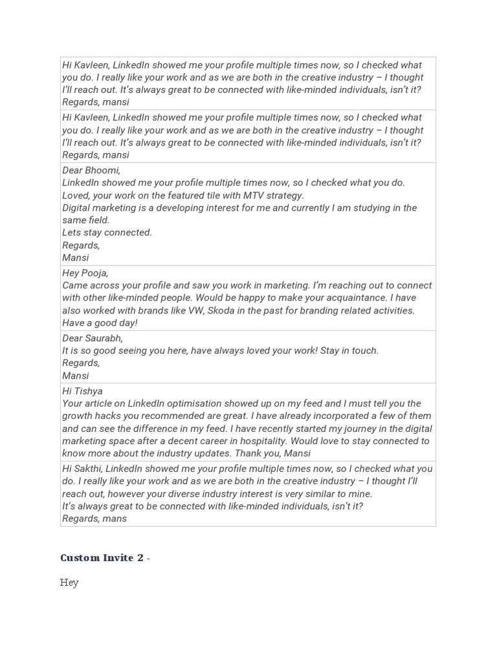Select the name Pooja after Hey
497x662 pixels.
pyautogui.click(x=94, y=273)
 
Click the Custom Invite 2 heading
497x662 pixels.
pyautogui.click(x=102, y=558)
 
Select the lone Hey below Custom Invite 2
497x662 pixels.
pyautogui.click(x=69, y=582)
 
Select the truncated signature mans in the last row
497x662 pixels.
pyautogui.click(x=113, y=518)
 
